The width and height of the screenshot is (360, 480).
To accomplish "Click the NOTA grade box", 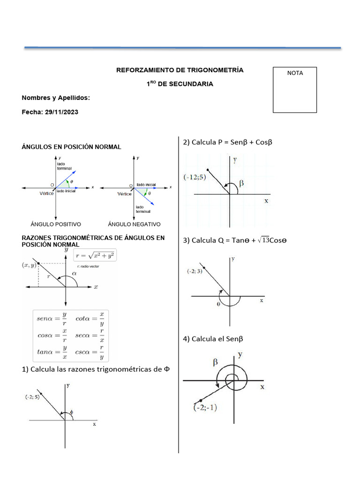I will [x=295, y=90].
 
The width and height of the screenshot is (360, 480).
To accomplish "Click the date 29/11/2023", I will [x=61, y=112].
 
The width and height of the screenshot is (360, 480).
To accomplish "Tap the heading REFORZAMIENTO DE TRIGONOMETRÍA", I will [x=180, y=70].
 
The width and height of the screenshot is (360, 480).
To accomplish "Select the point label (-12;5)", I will [x=195, y=177].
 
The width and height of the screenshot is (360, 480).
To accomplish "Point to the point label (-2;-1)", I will [x=205, y=408].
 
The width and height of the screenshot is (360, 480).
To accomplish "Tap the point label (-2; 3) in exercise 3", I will [x=194, y=271].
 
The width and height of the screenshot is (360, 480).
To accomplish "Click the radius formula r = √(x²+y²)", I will [x=96, y=255].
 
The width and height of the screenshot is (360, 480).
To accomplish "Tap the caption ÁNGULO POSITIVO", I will [x=56, y=224].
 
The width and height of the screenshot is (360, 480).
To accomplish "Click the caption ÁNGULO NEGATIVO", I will [x=134, y=224].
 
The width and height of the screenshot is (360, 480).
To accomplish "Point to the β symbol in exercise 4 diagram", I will [x=216, y=361].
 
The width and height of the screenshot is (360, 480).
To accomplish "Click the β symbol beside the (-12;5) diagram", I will [x=242, y=183].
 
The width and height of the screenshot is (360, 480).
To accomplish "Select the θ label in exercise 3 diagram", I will [x=218, y=304].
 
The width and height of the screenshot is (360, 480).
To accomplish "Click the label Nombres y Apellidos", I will [x=56, y=97].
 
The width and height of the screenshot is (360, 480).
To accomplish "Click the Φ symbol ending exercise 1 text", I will [x=166, y=369].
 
